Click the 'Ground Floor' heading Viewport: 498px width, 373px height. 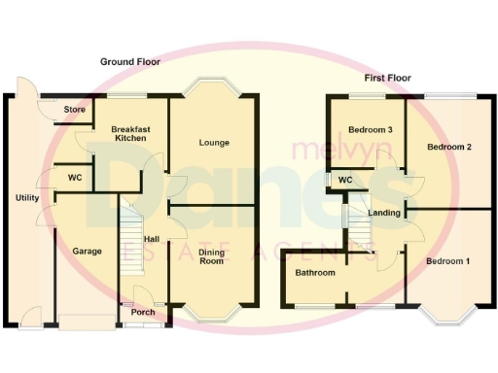[130, 62]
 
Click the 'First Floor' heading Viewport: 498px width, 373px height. [386, 78]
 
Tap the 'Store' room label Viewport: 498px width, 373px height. [75, 110]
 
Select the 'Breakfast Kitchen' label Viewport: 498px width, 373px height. [129, 135]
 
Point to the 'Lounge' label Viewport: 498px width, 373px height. [214, 143]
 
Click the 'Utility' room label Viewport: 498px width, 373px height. [27, 198]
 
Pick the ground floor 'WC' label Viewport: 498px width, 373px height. [75, 178]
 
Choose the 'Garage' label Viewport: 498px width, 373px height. [88, 251]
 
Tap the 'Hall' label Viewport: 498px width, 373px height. [152, 239]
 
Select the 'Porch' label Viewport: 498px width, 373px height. [143, 312]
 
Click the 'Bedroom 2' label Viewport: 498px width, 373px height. [450, 147]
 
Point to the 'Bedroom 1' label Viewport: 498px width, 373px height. [448, 261]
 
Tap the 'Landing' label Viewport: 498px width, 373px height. [383, 213]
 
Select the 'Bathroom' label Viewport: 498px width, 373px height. [316, 273]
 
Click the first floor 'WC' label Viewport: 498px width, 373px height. [344, 180]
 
